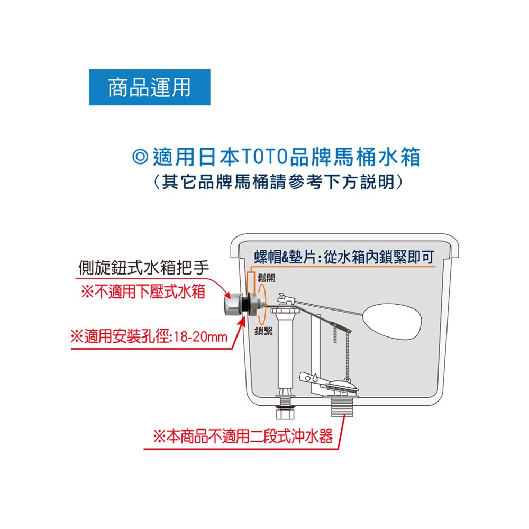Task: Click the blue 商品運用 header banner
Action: click(150, 87)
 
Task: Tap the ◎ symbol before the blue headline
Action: click(140, 157)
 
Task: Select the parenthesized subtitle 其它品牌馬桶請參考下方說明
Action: click(278, 182)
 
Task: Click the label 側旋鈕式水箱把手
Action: click(144, 268)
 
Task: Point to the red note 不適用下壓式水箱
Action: click(143, 291)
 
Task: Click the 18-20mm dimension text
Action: click(200, 336)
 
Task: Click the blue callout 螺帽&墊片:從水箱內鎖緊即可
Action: click(344, 257)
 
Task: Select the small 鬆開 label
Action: click(267, 278)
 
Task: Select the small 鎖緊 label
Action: click(264, 331)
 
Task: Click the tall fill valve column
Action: click(285, 350)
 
